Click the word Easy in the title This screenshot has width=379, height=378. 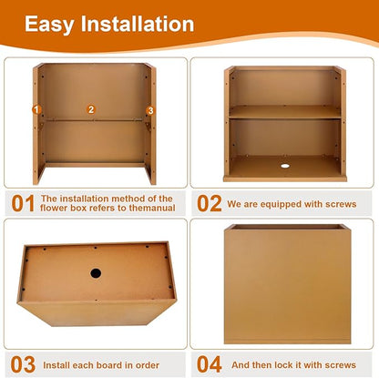(x=49, y=25)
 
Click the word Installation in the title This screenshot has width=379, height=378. (x=138, y=24)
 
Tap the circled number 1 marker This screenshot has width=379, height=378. (x=36, y=109)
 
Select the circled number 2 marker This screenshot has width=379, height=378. (x=91, y=109)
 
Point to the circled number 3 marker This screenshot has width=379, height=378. (x=150, y=110)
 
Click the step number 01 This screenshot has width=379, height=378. (x=23, y=203)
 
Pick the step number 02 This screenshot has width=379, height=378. (x=210, y=203)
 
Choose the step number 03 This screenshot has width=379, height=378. (x=23, y=364)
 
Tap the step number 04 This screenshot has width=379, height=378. (x=210, y=364)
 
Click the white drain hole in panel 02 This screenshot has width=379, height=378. (x=285, y=166)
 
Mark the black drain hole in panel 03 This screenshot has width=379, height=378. (x=96, y=273)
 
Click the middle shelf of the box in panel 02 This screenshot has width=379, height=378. (x=285, y=112)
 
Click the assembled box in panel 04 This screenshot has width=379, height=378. (x=288, y=284)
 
